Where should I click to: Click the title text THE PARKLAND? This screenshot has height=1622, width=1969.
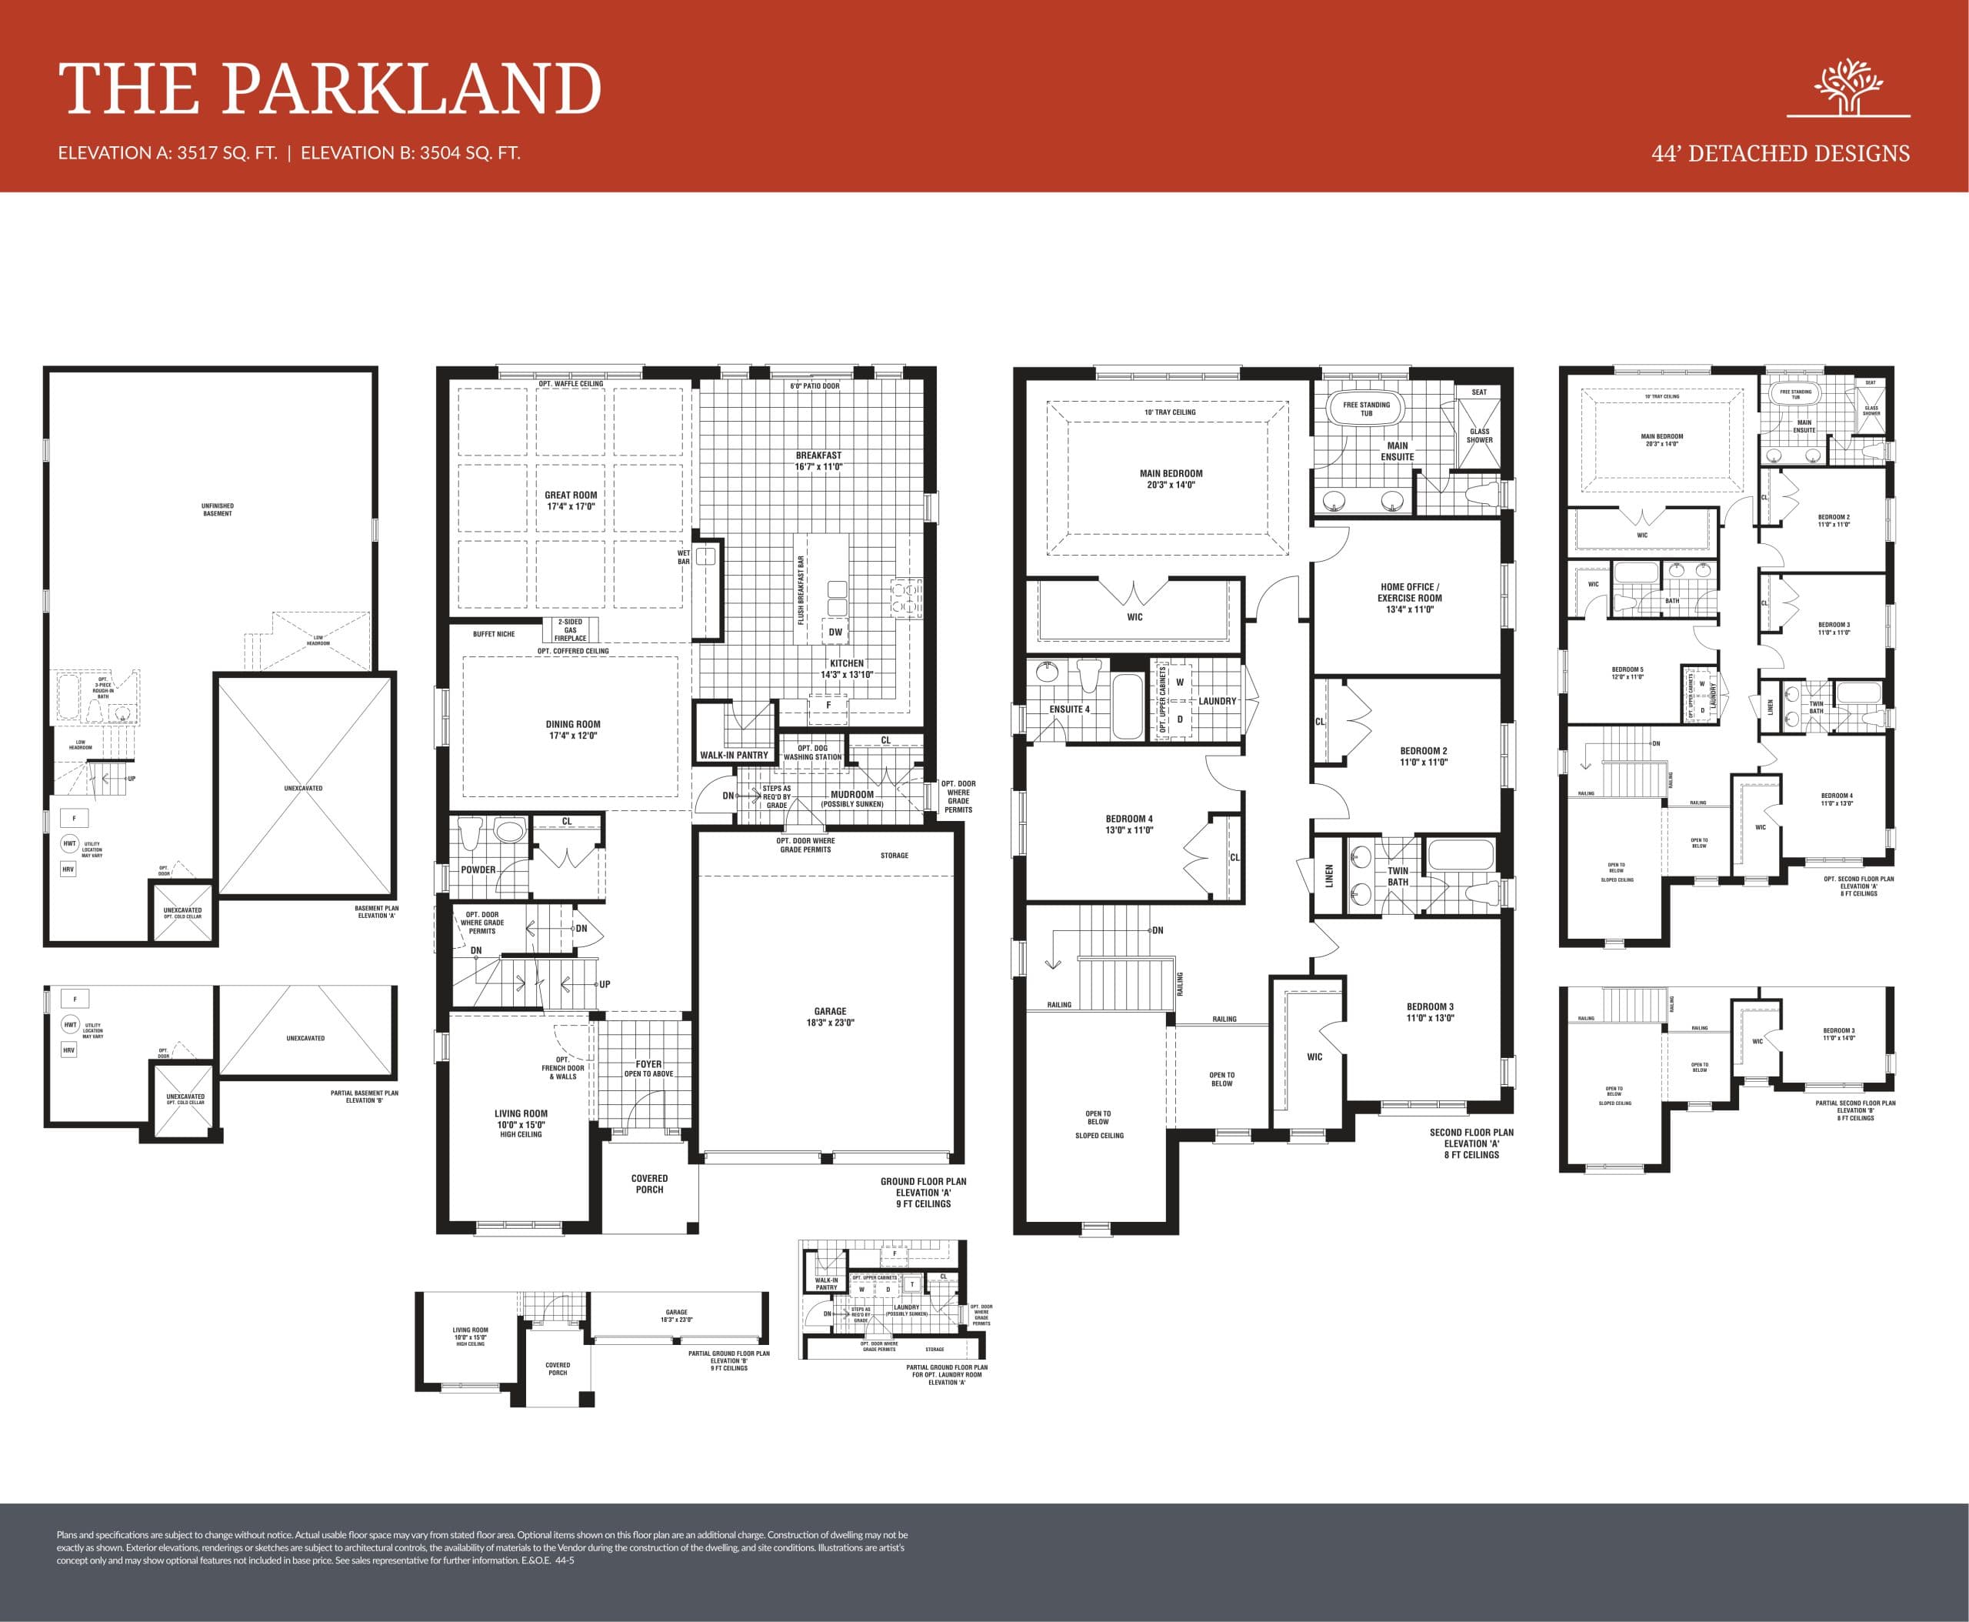click(330, 90)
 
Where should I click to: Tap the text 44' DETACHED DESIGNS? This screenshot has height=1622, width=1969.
click(1781, 154)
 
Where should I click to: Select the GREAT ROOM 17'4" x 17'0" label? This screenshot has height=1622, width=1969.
click(571, 501)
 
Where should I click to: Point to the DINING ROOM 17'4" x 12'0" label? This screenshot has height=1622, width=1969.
click(572, 729)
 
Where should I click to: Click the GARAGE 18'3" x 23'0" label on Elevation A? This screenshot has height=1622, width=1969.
click(829, 1016)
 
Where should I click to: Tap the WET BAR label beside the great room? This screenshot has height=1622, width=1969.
click(684, 557)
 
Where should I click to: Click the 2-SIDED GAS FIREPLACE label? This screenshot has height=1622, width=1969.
click(570, 629)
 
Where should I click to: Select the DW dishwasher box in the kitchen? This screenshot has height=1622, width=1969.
click(835, 632)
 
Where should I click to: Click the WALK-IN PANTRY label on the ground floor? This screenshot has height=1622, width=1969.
click(735, 755)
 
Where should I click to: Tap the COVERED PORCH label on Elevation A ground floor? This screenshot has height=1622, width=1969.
click(649, 1183)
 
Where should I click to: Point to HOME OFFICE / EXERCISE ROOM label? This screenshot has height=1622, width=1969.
click(1410, 598)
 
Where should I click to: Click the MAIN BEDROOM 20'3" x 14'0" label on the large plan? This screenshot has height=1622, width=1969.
click(1171, 479)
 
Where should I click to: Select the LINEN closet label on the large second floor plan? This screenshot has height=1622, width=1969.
click(1329, 876)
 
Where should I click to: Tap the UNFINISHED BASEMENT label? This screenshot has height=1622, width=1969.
click(218, 509)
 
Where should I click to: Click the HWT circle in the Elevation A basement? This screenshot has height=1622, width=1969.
click(69, 843)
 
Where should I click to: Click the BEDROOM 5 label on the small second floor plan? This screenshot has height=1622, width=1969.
click(1628, 672)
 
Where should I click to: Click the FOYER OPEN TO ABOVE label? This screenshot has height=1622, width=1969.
click(648, 1068)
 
